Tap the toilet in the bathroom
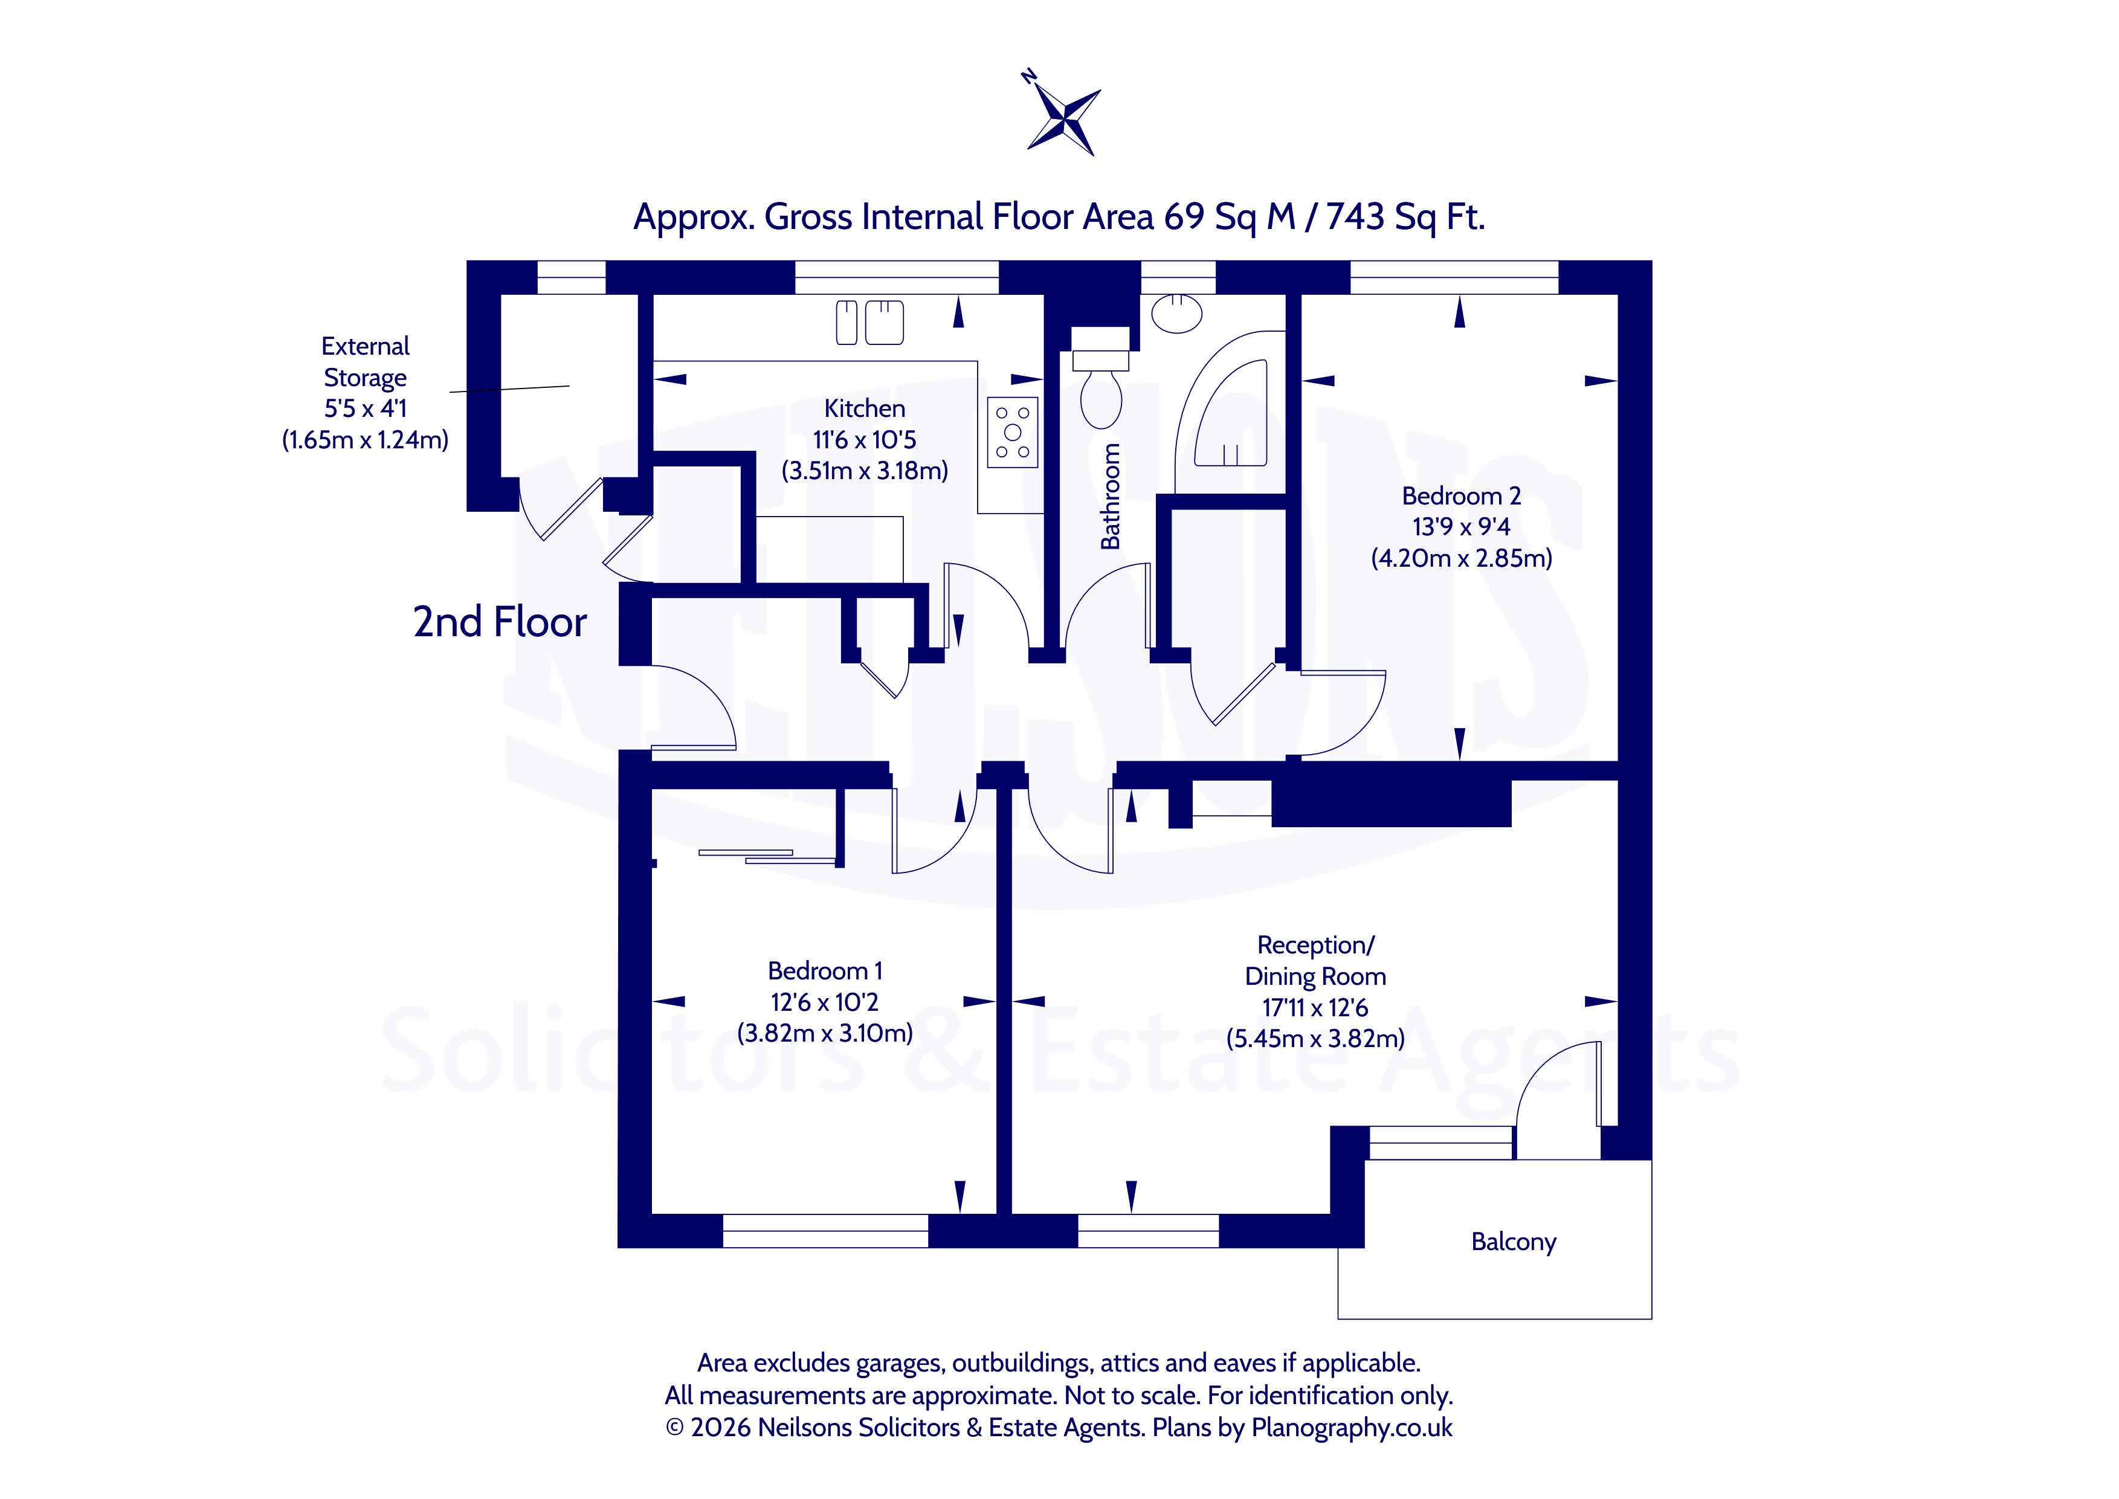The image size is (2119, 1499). click(x=1101, y=388)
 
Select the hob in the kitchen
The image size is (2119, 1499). click(x=1013, y=432)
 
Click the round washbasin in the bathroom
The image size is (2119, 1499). click(x=1176, y=313)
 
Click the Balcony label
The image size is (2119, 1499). click(x=1514, y=1242)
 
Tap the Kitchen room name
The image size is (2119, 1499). click(x=865, y=408)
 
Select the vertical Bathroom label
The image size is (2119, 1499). click(x=1111, y=497)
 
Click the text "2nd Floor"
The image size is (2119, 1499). click(x=499, y=622)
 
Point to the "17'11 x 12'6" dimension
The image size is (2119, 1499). click(x=1315, y=1008)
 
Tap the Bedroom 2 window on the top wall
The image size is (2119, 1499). click(x=1454, y=277)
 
